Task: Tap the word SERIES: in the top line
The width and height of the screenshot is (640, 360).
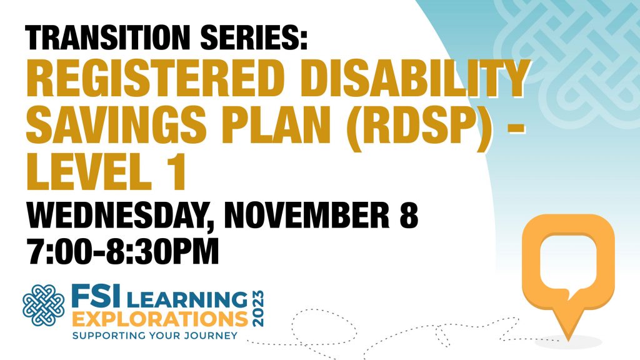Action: [254, 37]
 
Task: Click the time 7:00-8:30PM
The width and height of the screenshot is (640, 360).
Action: [123, 251]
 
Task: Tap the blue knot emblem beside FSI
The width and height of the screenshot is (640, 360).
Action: [44, 305]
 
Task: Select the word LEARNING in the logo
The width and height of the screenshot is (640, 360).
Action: [187, 299]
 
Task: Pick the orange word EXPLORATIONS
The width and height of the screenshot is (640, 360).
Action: [161, 319]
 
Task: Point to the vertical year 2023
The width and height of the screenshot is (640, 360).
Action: [258, 309]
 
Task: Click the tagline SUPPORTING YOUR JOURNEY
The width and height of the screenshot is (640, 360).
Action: [155, 336]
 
